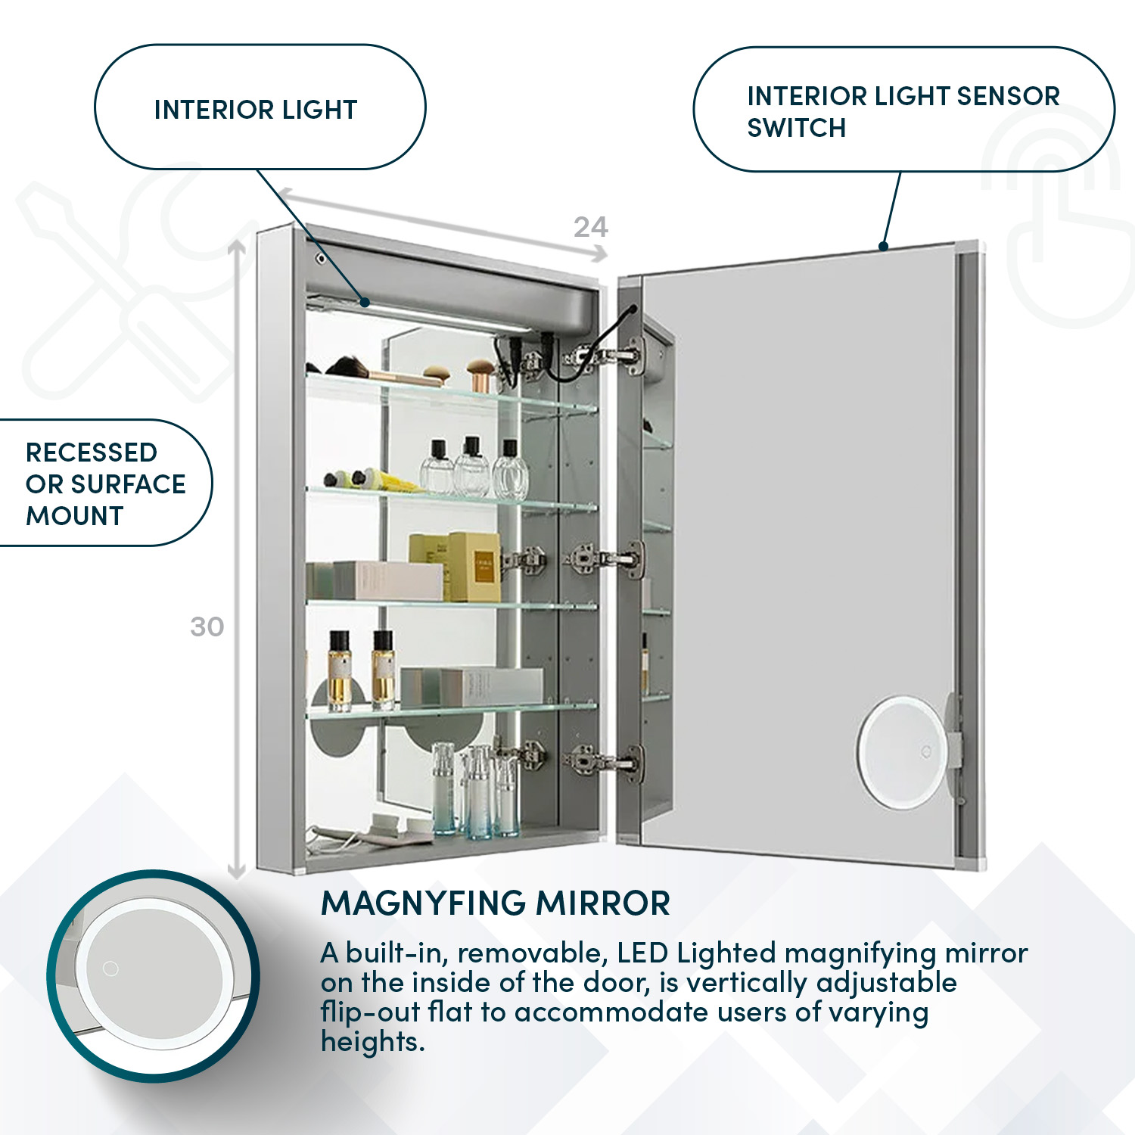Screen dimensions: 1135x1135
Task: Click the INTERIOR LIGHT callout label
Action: pos(256,110)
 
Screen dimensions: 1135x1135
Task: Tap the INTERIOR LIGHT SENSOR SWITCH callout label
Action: pos(903,111)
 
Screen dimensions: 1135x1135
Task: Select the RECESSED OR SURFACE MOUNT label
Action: pos(105,484)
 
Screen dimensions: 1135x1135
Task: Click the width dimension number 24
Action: pos(590,227)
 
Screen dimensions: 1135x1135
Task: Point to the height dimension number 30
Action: pos(207,627)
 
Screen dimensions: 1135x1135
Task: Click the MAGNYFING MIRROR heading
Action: pos(496,903)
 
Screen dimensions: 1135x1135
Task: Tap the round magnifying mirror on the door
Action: pos(900,752)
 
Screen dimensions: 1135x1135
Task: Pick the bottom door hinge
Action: pos(605,760)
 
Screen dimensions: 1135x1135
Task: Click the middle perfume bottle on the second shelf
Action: pos(472,467)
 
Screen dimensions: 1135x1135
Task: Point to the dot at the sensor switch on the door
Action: pos(883,246)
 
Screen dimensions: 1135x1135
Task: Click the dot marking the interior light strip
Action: pos(365,303)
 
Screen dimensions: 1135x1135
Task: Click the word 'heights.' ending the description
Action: pos(372,1042)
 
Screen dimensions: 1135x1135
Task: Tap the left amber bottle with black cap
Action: pos(340,670)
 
